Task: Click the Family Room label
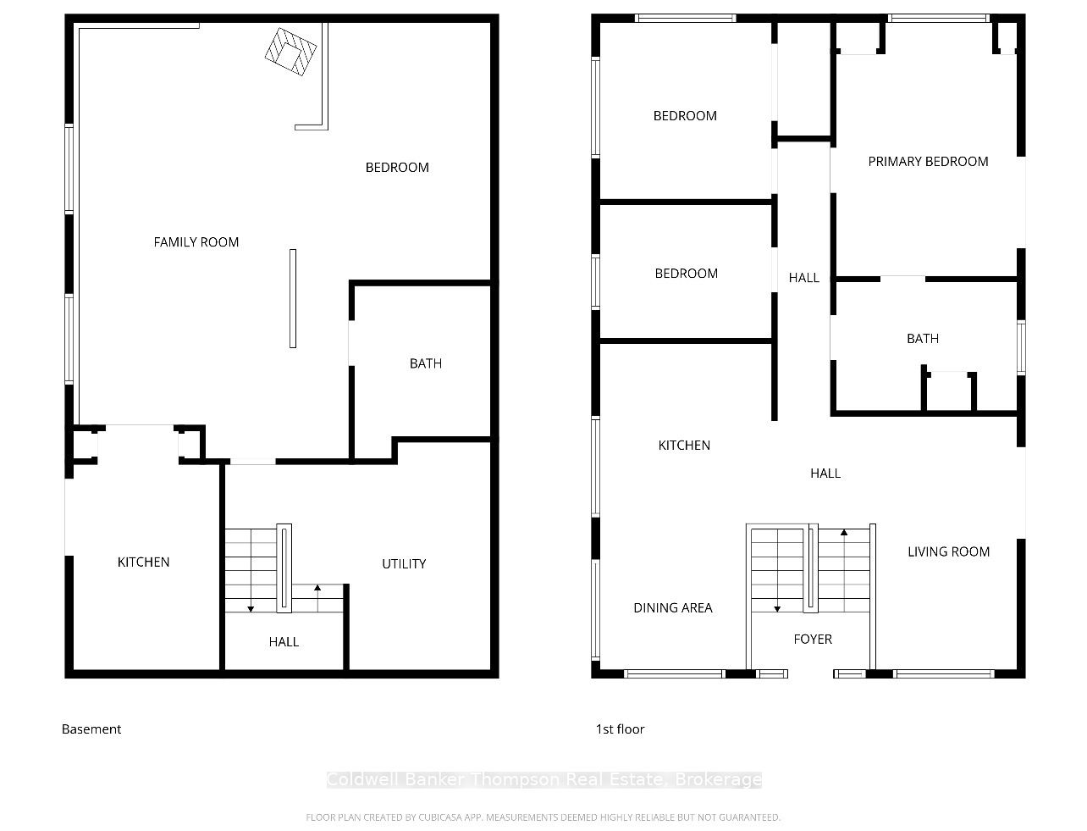196,242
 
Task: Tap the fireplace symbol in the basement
290,52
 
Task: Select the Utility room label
404,564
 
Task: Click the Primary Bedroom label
928,162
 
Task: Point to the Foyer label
813,640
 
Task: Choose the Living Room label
948,552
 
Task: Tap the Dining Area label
673,608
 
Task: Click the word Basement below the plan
91,729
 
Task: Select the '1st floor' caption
620,729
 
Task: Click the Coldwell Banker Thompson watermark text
544,779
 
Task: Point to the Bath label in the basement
426,363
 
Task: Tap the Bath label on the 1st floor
923,339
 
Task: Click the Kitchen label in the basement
144,562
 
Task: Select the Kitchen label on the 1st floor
684,446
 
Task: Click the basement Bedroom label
397,168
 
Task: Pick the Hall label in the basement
284,642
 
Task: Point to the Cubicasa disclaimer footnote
543,817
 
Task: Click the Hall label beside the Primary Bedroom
803,278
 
